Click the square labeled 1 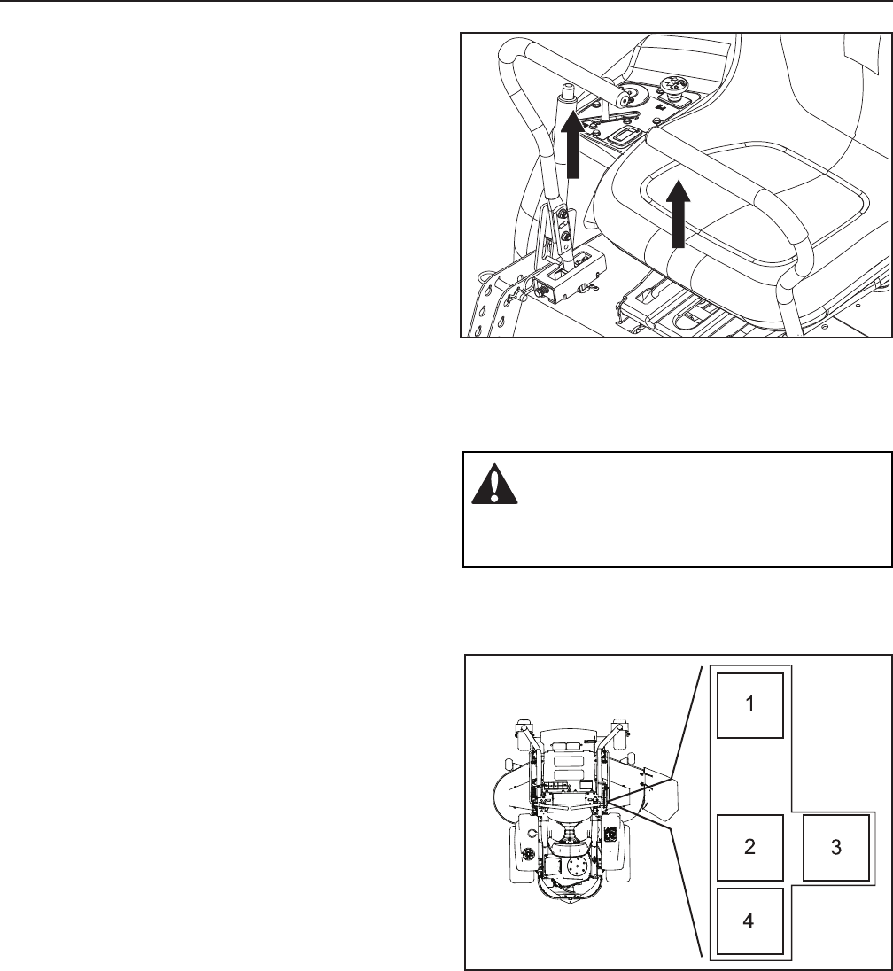749,705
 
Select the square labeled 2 749,847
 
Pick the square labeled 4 749,921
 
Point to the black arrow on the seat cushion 678,213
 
